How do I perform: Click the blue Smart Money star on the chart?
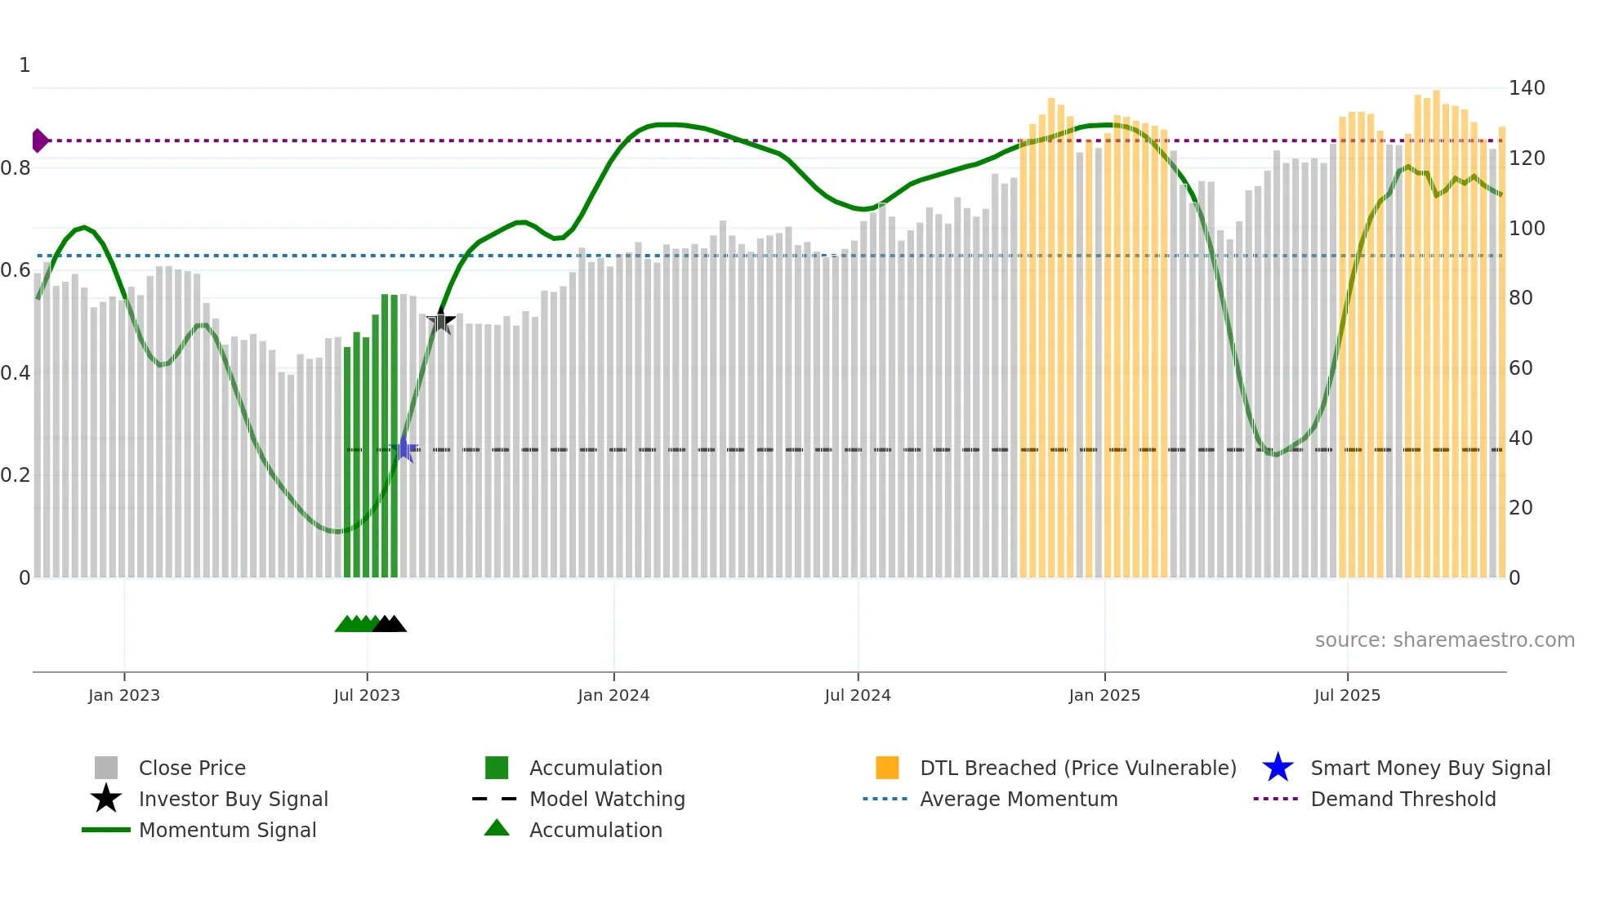(x=404, y=448)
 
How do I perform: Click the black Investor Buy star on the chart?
(x=441, y=321)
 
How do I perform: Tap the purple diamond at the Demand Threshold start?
(x=39, y=140)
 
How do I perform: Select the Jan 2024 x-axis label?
(x=613, y=695)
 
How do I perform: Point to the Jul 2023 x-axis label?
(x=367, y=695)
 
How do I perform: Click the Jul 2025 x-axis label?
(x=1347, y=695)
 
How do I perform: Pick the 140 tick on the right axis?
(x=1527, y=87)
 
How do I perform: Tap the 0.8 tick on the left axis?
(x=16, y=168)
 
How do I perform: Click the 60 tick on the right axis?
(x=1521, y=368)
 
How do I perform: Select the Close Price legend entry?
(x=192, y=768)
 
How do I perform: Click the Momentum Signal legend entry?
(x=227, y=830)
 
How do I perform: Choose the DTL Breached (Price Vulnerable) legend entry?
(x=1077, y=768)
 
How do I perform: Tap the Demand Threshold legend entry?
(x=1403, y=799)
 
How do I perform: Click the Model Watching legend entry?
(x=607, y=799)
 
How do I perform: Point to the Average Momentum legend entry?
(x=1019, y=799)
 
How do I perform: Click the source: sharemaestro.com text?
(x=1444, y=639)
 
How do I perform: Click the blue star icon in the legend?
(x=1278, y=768)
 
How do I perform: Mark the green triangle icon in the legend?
(x=497, y=829)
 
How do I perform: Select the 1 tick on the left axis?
(x=25, y=65)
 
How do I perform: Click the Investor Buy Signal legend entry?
(x=233, y=799)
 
